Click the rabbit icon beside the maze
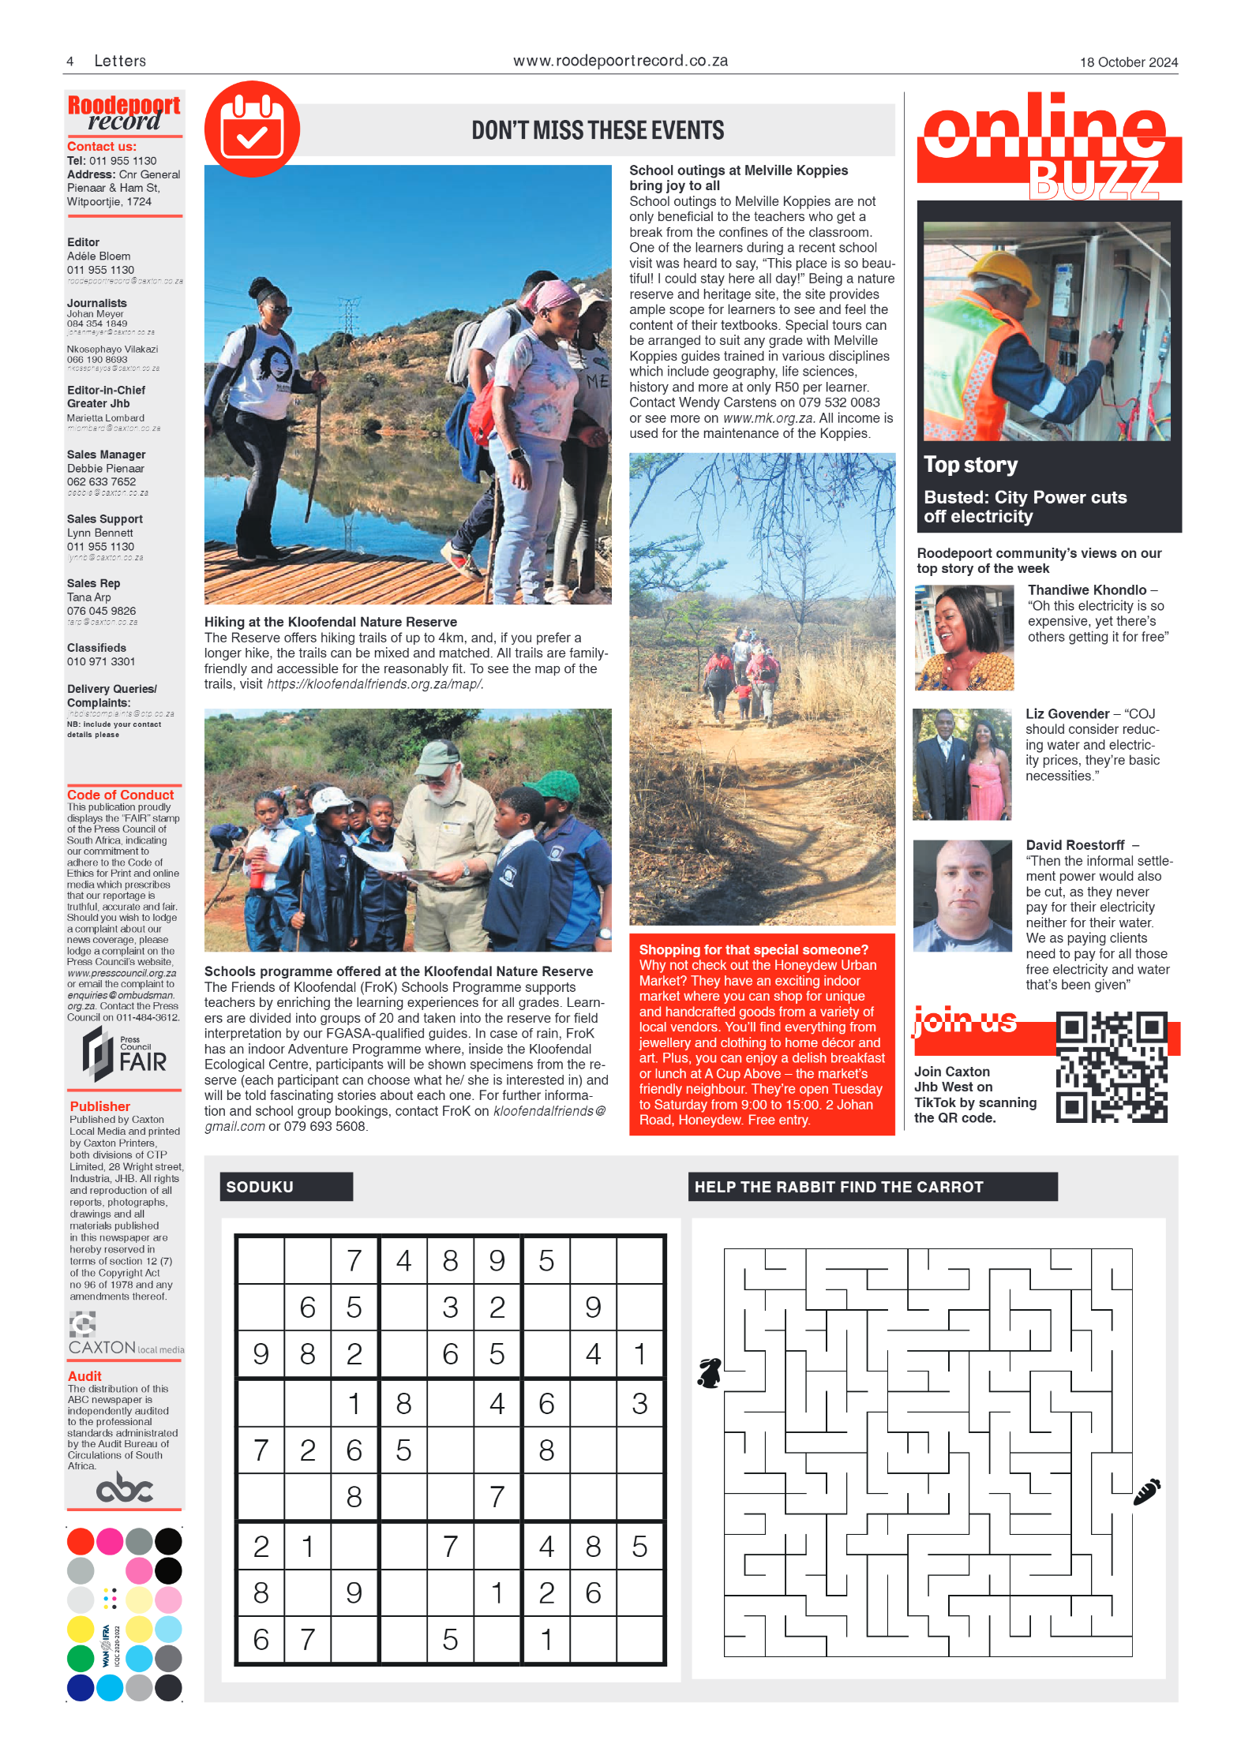pos(710,1373)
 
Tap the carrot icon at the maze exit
pos(1146,1491)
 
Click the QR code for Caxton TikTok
pos(1111,1066)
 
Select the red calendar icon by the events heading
pos(252,129)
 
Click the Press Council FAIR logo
pos(125,1053)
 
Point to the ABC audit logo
pos(124,1488)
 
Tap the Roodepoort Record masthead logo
pos(124,112)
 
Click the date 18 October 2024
pos(1128,62)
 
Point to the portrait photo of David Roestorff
pos(962,896)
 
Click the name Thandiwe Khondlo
pos(1086,590)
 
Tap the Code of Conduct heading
pos(120,795)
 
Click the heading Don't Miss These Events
pos(598,130)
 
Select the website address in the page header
pos(620,61)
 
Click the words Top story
pos(970,465)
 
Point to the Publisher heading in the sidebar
pos(99,1106)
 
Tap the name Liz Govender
pos(1067,713)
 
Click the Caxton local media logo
pos(125,1336)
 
